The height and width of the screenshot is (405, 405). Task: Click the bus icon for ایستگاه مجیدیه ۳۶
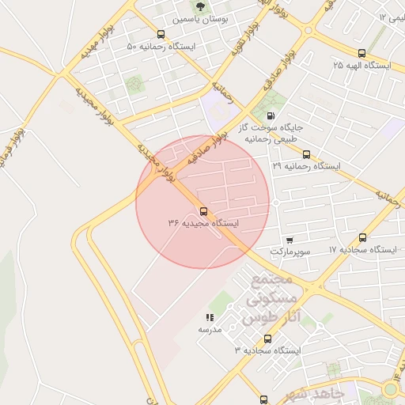203,211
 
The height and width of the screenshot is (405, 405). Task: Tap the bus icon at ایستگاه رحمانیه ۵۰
161,34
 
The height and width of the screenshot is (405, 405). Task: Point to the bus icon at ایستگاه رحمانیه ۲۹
306,154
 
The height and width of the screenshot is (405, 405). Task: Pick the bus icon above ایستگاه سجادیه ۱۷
362,237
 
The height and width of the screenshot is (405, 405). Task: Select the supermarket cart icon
290,240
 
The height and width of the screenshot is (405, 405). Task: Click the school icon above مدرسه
210,317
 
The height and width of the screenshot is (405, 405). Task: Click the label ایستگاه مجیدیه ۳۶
202,224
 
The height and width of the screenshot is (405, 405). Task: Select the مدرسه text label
209,329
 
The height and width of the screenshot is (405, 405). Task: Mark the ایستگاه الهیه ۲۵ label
362,65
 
